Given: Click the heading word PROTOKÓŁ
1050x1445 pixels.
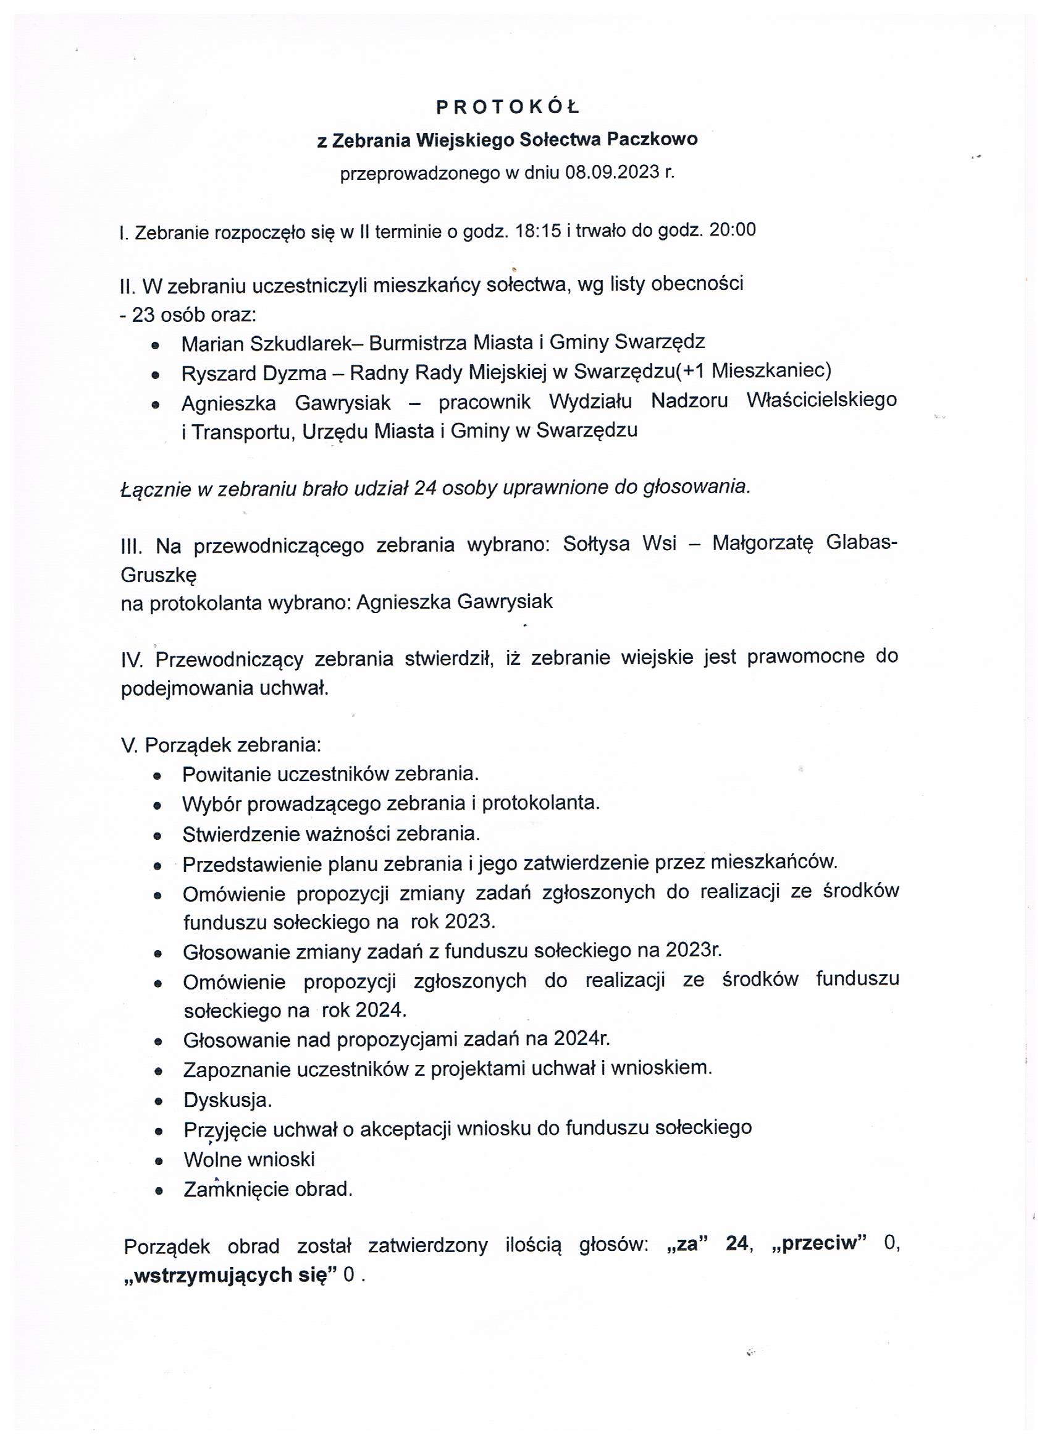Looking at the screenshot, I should pyautogui.click(x=508, y=108).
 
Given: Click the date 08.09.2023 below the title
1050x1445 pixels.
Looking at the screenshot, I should pyautogui.click(x=612, y=172).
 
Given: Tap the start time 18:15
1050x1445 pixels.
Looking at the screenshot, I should pyautogui.click(x=538, y=231).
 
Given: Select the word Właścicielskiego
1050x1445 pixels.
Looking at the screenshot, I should pyautogui.click(x=821, y=400).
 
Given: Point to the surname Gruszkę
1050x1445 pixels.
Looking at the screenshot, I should pyautogui.click(x=159, y=575).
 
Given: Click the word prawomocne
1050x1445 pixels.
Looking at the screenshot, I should pyautogui.click(x=805, y=656).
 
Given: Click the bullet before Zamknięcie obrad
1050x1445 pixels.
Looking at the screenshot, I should pyautogui.click(x=158, y=1190).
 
